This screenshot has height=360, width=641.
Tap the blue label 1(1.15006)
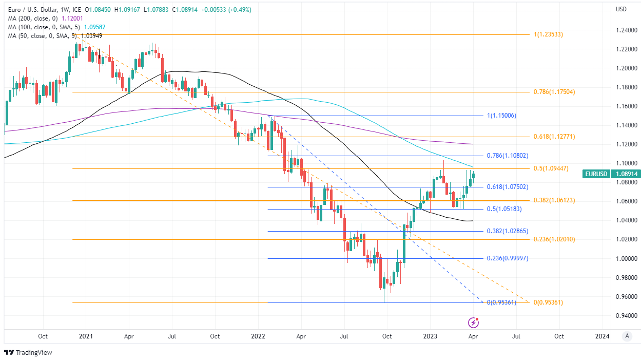(501, 116)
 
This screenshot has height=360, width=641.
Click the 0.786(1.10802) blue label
(508, 156)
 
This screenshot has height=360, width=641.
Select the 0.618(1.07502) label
(508, 187)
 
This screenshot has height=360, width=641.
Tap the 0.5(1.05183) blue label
(504, 209)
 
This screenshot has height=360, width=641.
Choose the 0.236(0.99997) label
(508, 258)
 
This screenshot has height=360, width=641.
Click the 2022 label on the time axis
(258, 336)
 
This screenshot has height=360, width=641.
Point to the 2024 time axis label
(602, 336)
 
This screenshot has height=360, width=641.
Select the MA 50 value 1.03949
(88, 35)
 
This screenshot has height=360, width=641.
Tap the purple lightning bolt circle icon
(473, 323)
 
